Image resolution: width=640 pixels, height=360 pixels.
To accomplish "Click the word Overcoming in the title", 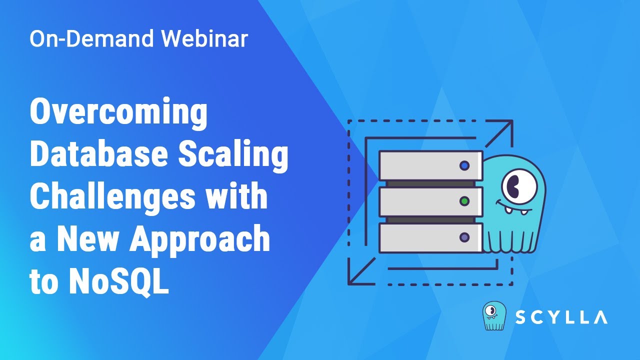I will point(118,113).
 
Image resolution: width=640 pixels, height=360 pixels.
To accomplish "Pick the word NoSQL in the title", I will point(118,281).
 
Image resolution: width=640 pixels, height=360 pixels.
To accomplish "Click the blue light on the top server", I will point(464,165).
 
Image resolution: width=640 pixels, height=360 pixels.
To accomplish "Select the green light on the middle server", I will point(464,201).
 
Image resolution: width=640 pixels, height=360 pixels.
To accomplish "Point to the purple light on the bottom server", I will point(464,237).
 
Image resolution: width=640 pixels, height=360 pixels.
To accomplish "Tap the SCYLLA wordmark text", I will point(561,317).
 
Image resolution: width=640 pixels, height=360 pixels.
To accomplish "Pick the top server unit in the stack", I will point(430,165).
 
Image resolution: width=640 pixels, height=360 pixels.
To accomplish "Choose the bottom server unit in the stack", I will point(430,237).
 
